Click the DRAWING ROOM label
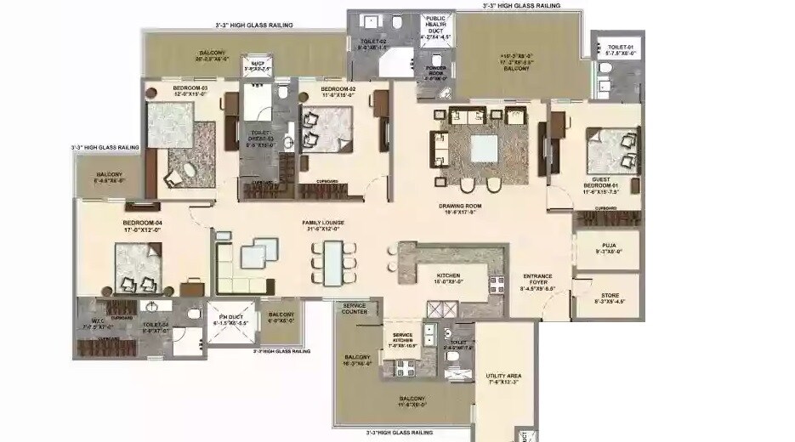(460, 206)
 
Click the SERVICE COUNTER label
(355, 308)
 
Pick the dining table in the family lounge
(329, 263)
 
